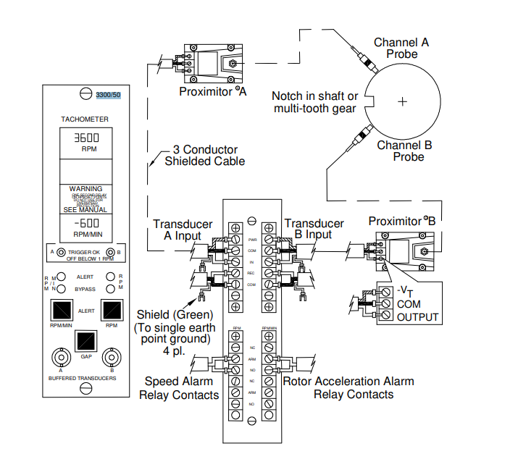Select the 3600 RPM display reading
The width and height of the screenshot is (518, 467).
[87, 138]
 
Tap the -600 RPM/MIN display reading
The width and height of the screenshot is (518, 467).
[87, 224]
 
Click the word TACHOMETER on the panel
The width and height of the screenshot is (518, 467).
[85, 118]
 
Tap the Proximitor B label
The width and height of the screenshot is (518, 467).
[402, 221]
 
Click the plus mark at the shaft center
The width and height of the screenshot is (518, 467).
[402, 102]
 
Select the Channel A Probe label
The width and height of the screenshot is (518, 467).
[401, 49]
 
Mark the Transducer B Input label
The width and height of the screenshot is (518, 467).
[313, 230]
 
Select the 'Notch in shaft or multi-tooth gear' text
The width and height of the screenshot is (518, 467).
[314, 102]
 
